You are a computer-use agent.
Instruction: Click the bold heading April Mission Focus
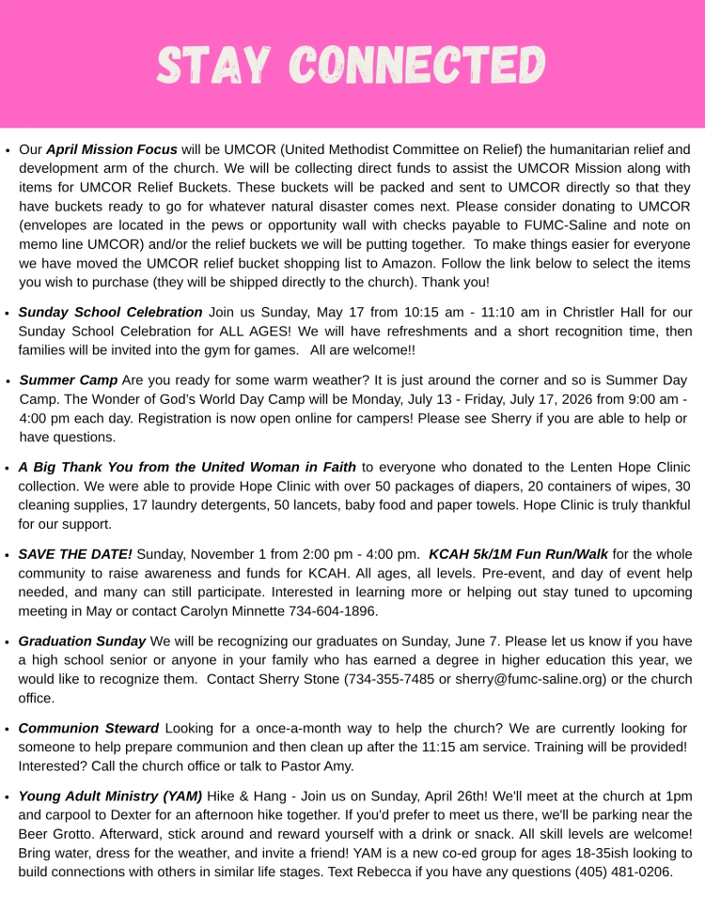pos(111,149)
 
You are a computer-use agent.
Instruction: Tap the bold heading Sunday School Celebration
pos(110,312)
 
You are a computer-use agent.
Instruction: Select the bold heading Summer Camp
pos(69,379)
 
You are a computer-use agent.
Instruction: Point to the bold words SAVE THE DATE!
pos(75,554)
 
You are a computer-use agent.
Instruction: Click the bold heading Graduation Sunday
pos(82,641)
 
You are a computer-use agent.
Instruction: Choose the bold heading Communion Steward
pos(89,728)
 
